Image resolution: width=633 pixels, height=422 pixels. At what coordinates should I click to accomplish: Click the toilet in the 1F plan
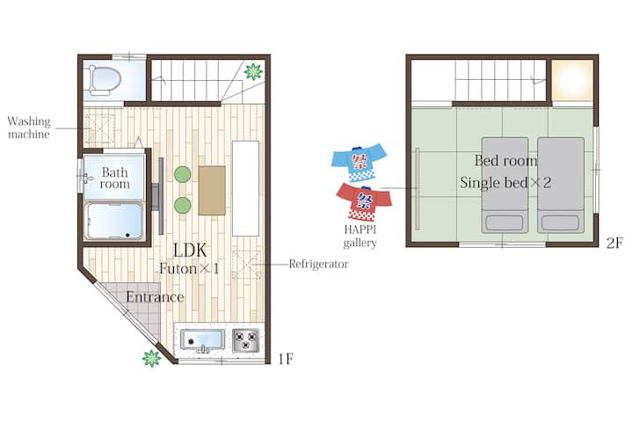(105, 80)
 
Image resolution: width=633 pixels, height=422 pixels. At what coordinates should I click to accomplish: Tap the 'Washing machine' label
(29, 127)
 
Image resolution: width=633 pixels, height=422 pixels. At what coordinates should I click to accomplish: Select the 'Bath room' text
(115, 178)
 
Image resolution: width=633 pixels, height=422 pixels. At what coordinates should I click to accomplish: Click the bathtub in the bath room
(114, 221)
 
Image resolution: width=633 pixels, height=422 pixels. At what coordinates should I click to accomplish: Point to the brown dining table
(212, 190)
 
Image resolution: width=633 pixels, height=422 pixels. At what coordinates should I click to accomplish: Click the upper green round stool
(183, 174)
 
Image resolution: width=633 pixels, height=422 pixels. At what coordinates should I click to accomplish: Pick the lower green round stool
(183, 206)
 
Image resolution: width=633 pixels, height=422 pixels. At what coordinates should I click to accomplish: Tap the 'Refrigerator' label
(318, 264)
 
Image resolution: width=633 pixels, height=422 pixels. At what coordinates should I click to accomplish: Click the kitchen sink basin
(202, 340)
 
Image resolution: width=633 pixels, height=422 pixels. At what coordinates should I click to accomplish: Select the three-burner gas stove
(246, 340)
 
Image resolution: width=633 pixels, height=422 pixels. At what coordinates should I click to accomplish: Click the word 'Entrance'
(155, 297)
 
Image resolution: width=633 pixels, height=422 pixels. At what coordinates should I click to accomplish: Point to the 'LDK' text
(190, 251)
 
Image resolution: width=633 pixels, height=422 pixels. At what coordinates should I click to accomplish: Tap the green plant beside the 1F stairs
(253, 72)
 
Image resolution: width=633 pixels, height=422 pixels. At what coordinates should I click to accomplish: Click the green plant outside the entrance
(152, 358)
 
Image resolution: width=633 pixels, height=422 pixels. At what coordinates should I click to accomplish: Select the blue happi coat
(359, 162)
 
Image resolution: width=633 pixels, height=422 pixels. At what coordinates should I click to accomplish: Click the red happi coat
(364, 202)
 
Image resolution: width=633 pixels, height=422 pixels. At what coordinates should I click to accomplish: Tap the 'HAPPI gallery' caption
(360, 236)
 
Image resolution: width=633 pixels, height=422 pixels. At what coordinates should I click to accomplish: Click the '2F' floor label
(615, 243)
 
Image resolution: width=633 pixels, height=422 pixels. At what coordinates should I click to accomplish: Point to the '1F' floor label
(286, 359)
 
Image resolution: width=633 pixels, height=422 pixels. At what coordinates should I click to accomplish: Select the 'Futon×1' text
(189, 269)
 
